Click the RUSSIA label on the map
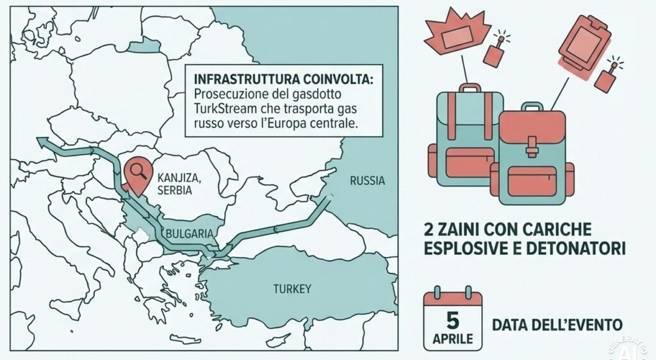pyautogui.click(x=367, y=181)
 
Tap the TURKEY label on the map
pyautogui.click(x=292, y=289)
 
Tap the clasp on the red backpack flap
pyautogui.click(x=531, y=151)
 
